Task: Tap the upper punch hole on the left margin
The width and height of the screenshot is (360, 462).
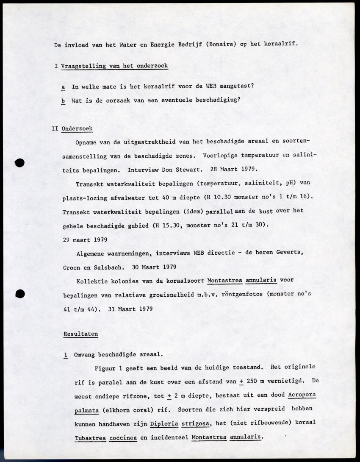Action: point(19,162)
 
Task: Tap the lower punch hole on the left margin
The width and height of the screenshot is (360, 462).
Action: point(19,294)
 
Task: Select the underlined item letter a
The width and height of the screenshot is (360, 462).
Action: point(63,86)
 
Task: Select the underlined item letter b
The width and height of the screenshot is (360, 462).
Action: point(63,100)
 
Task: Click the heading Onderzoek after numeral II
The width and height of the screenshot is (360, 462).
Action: point(77,128)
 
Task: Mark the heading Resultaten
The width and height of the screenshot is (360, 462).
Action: point(80,334)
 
